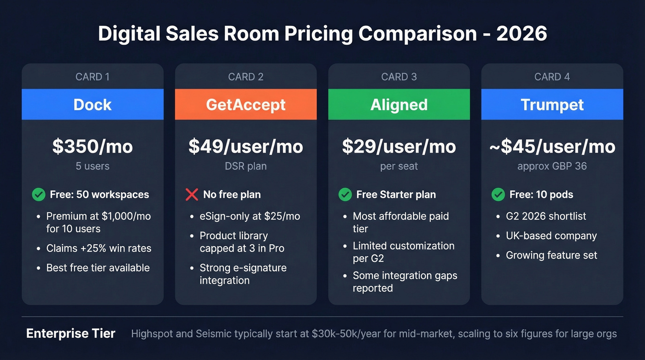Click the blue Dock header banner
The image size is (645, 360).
pyautogui.click(x=93, y=105)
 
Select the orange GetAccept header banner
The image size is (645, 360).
pyautogui.click(x=246, y=105)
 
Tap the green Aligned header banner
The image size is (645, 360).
pyautogui.click(x=399, y=105)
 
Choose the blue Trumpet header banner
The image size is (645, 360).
pyautogui.click(x=552, y=105)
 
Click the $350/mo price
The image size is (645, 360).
pyautogui.click(x=93, y=147)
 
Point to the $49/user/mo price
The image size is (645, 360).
pyautogui.click(x=246, y=147)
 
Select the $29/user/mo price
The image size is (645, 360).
pyautogui.click(x=399, y=147)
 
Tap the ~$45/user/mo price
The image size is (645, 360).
pyautogui.click(x=552, y=147)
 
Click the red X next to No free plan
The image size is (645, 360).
pyautogui.click(x=192, y=195)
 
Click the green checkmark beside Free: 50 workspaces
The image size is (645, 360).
pyautogui.click(x=39, y=195)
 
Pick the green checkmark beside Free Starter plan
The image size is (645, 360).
pyautogui.click(x=345, y=195)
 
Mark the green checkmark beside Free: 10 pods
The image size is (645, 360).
pyautogui.click(x=498, y=195)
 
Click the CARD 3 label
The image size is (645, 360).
pyautogui.click(x=399, y=77)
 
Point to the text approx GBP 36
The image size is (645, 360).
pyautogui.click(x=552, y=166)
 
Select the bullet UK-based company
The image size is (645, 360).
pyautogui.click(x=551, y=236)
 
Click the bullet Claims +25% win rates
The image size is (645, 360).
pyautogui.click(x=99, y=248)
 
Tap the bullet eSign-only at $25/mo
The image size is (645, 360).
pyautogui.click(x=249, y=216)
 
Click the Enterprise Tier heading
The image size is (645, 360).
pyautogui.click(x=71, y=334)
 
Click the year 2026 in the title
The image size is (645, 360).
pyautogui.click(x=522, y=34)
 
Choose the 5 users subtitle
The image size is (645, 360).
pyautogui.click(x=93, y=166)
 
